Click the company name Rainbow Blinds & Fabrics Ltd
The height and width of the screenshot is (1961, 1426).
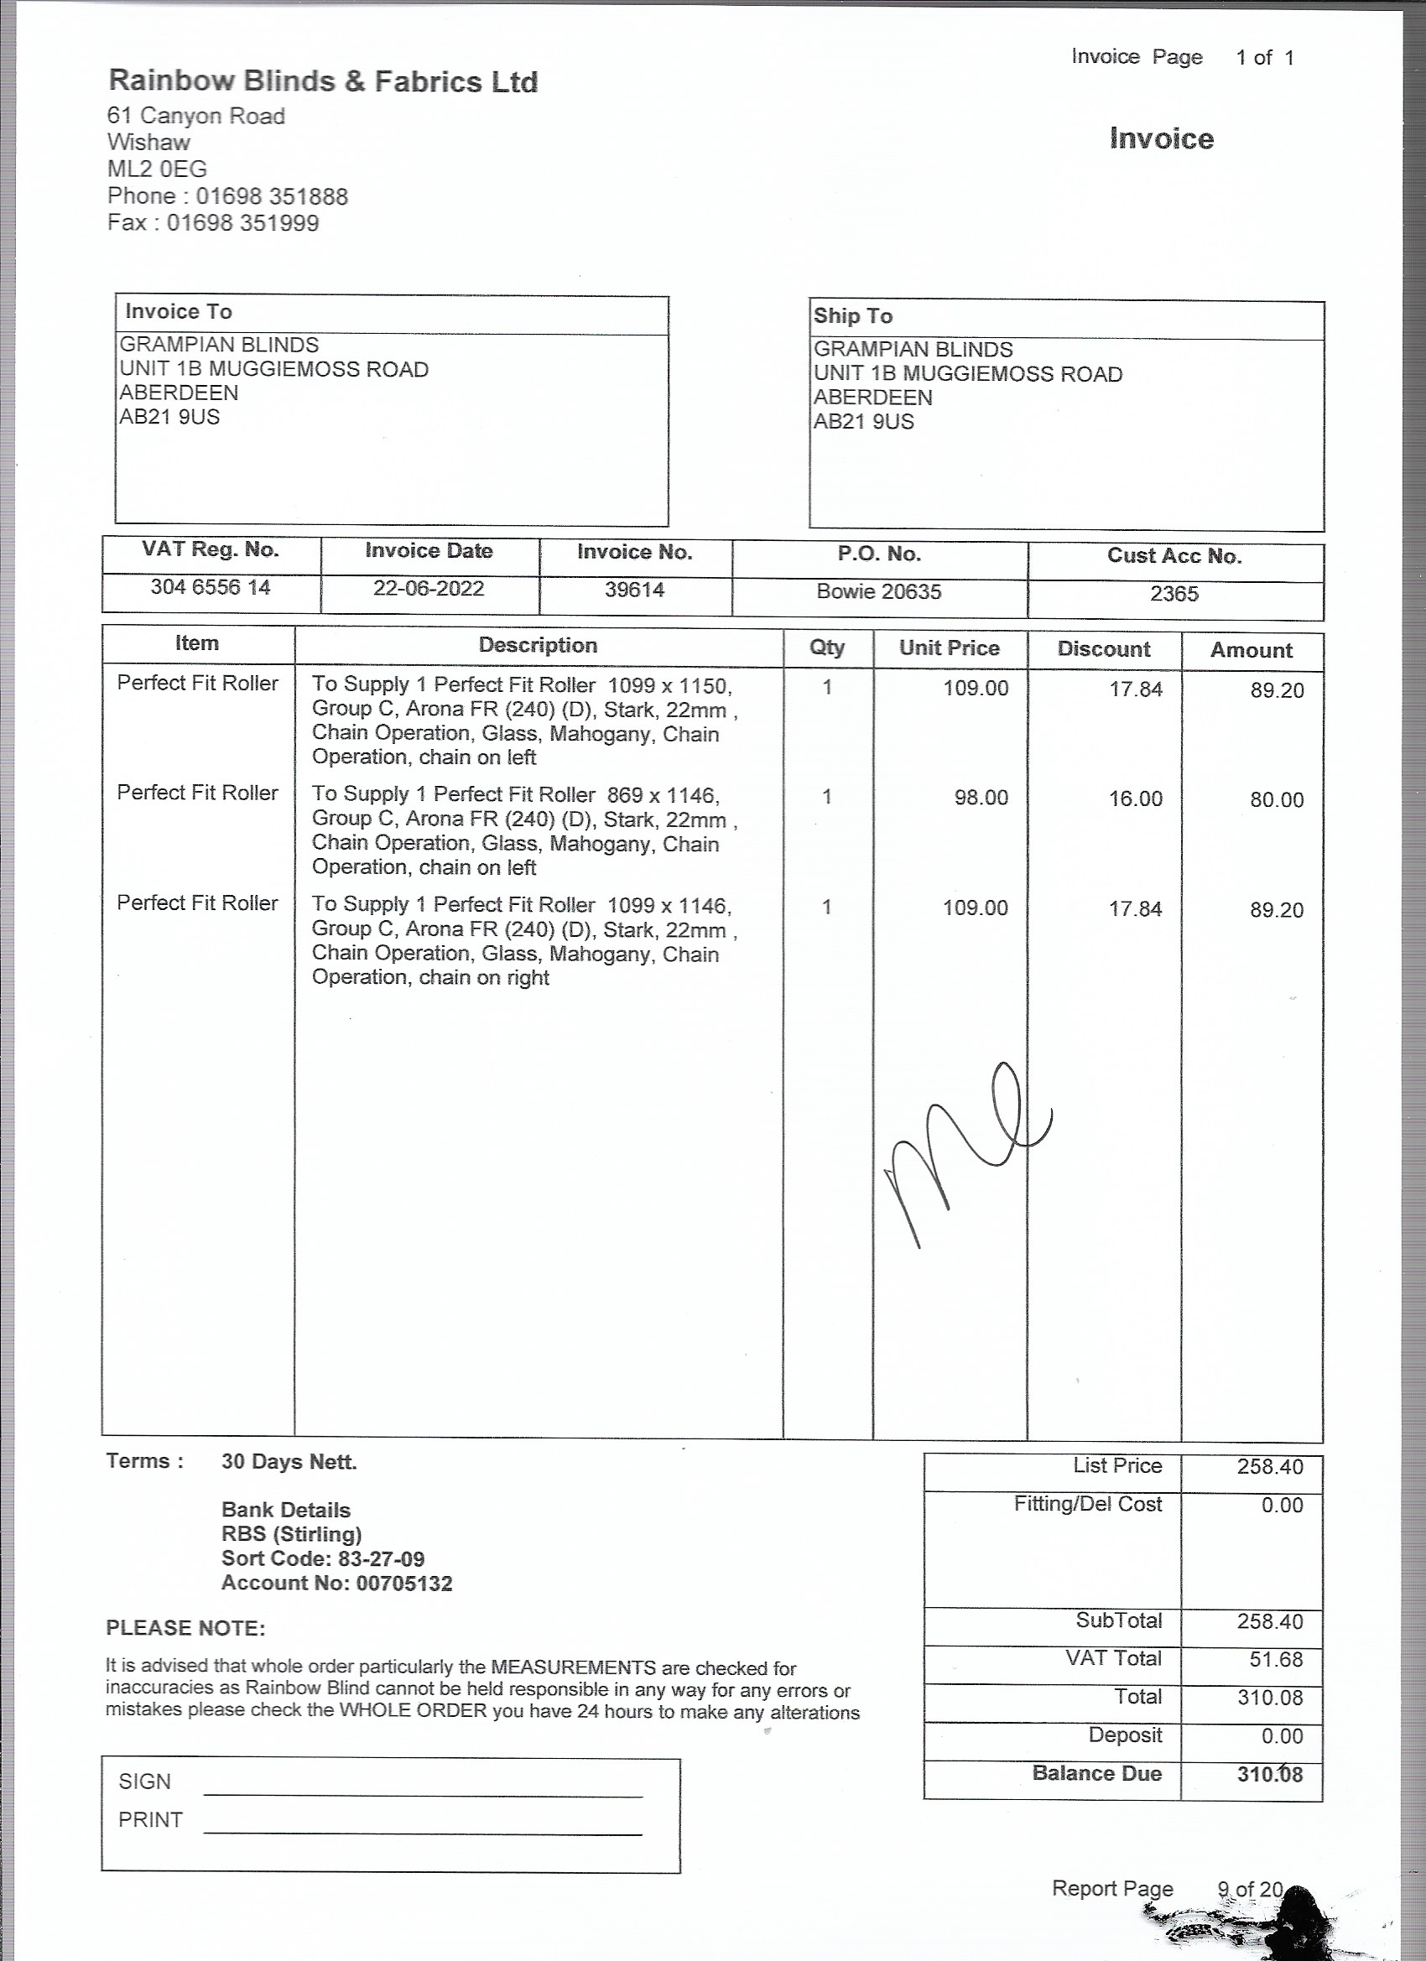(x=323, y=81)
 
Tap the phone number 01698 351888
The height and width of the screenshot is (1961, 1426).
(x=272, y=196)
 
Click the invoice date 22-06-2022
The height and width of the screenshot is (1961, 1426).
(x=428, y=589)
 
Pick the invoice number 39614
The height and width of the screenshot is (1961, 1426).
(x=634, y=590)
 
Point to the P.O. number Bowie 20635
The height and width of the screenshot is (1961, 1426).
(x=878, y=592)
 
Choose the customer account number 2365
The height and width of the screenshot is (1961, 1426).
(x=1174, y=594)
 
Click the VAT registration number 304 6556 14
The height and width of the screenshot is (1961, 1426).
(x=211, y=588)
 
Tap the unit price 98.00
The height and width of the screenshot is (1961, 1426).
(x=981, y=797)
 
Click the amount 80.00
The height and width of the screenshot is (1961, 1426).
(x=1276, y=800)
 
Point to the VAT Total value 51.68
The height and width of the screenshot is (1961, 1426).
(x=1276, y=1659)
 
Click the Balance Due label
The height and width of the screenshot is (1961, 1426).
(x=1096, y=1773)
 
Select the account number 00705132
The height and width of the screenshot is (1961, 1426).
(x=403, y=1584)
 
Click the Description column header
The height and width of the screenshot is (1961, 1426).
(x=538, y=645)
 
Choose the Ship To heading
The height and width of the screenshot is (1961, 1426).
(x=851, y=316)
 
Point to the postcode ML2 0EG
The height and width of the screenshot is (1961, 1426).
(x=157, y=169)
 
